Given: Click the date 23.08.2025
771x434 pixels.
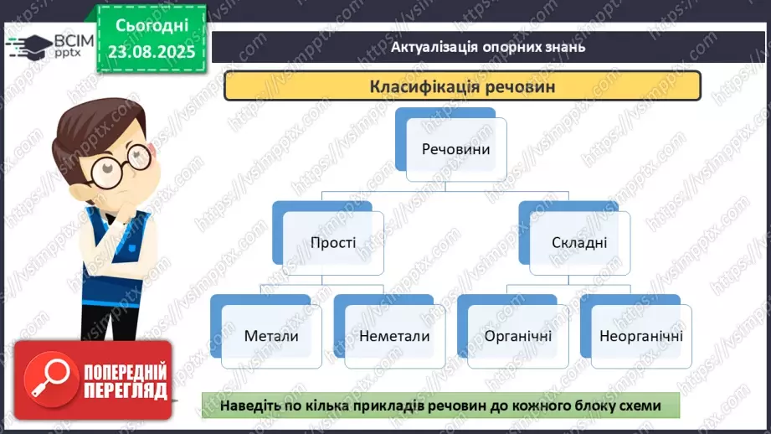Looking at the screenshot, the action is pos(152,52).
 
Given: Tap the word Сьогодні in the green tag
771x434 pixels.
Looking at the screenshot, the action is pos(152,26).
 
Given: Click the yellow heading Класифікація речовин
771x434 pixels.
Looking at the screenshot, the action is pos(462,86).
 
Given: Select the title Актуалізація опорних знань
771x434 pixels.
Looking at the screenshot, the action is pos(488,47).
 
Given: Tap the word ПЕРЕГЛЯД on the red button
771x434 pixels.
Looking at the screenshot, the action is pos(126,391).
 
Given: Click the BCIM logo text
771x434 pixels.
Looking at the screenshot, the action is pos(75,41).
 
